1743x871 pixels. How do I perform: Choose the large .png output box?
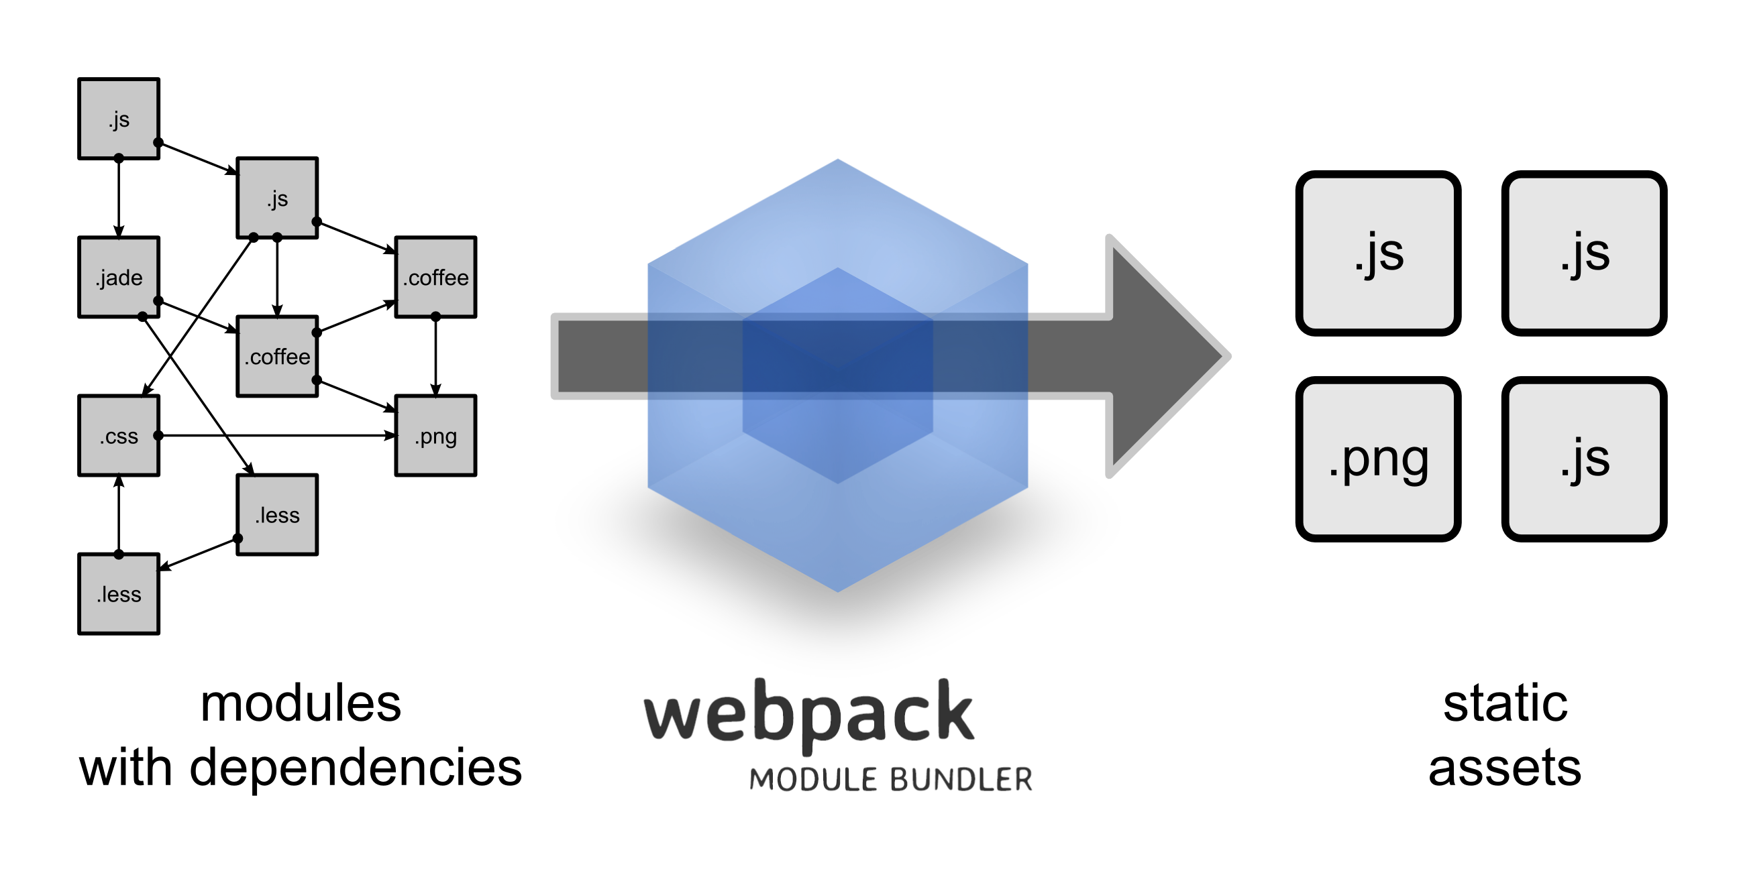[1377, 459]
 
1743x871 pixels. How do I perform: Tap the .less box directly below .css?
[118, 593]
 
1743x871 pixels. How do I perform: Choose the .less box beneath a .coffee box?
[276, 514]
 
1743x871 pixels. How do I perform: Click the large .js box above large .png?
[1377, 253]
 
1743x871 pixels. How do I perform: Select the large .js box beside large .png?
[1583, 459]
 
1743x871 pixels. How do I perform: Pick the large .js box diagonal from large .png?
[1583, 253]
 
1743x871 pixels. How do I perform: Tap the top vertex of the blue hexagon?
[838, 160]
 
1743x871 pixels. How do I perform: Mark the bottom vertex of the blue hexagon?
[838, 591]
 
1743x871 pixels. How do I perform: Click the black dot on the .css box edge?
[156, 434]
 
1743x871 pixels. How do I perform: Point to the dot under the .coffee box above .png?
[435, 314]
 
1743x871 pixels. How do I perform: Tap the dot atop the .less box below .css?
[118, 556]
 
